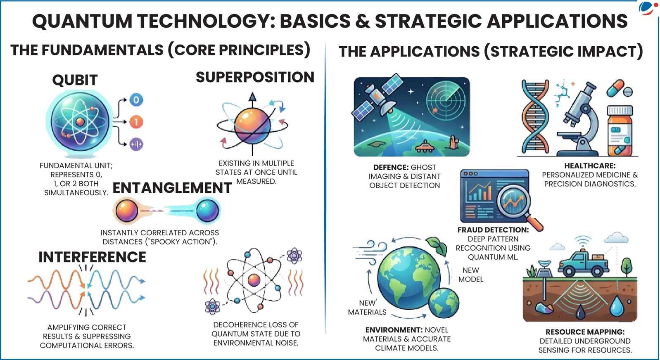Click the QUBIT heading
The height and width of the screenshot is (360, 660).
pyautogui.click(x=75, y=80)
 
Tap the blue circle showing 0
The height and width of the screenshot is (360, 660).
pyautogui.click(x=136, y=99)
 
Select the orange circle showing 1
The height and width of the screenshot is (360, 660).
pyautogui.click(x=136, y=122)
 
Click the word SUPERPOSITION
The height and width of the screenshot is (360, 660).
pyautogui.click(x=255, y=77)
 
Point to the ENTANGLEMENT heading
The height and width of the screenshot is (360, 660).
pyautogui.click(x=172, y=188)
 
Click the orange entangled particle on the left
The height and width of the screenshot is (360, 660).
pyautogui.click(x=126, y=210)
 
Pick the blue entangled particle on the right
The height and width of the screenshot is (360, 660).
pyautogui.click(x=207, y=210)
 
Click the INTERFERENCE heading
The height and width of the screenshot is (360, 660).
pyautogui.click(x=92, y=257)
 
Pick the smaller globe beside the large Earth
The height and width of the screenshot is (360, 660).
pyautogui.click(x=444, y=303)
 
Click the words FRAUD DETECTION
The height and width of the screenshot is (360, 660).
pyautogui.click(x=493, y=230)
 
